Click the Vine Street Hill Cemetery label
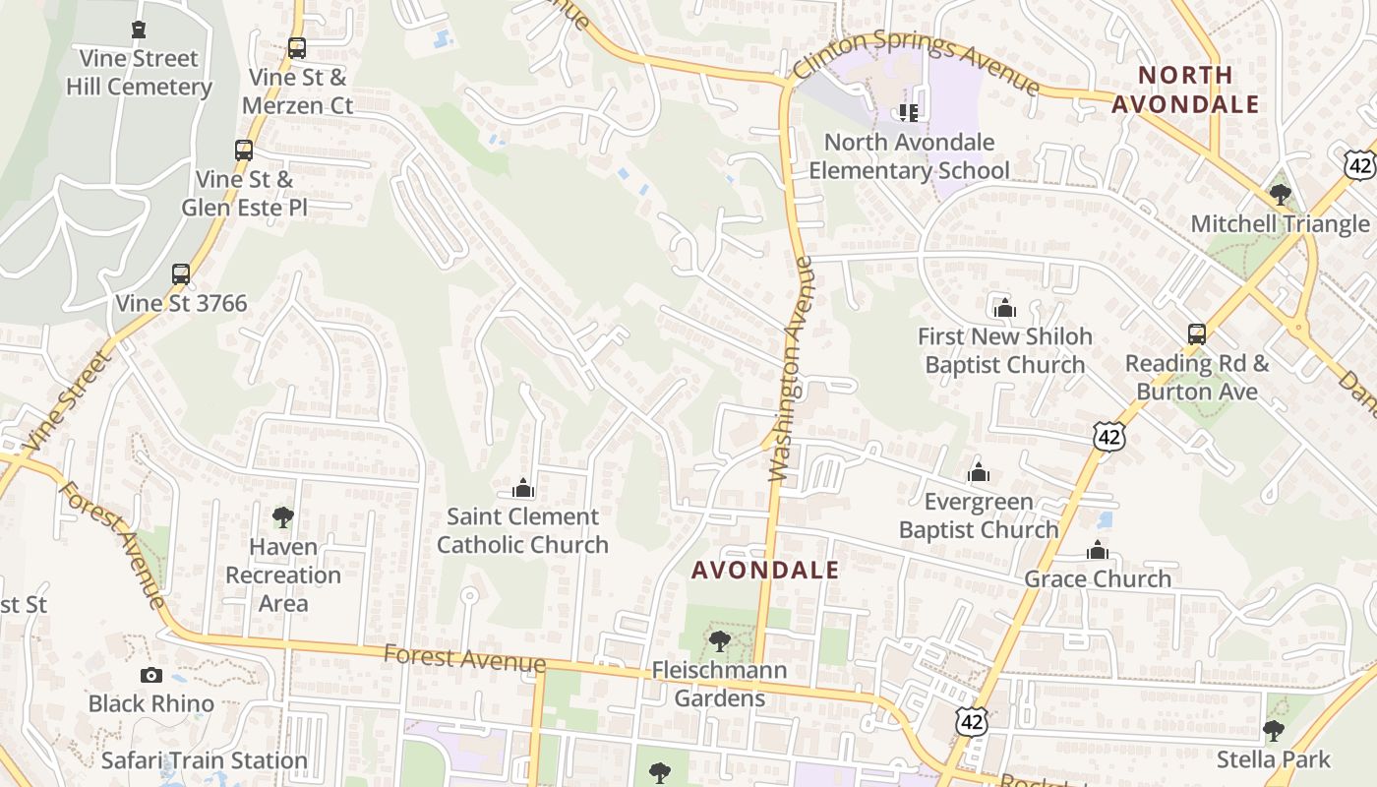pos(139,73)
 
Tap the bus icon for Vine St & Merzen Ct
pos(296,47)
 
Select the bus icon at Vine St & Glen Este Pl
pos(244,151)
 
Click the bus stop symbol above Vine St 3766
pos(181,274)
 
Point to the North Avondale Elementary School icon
pos(909,113)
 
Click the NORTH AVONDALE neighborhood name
pos(1185,90)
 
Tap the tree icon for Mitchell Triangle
pos(1280,195)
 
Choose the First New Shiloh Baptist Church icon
pos(1004,308)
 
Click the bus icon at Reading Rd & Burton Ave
pos(1197,334)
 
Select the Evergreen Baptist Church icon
pos(979,473)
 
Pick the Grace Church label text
pos(1098,578)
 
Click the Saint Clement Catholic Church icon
pos(523,488)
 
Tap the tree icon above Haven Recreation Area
pos(283,517)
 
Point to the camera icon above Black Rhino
pos(150,675)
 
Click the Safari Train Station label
pos(205,760)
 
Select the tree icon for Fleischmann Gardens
pos(720,642)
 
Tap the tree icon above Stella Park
pos(1274,731)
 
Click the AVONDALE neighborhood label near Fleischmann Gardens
pos(765,570)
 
